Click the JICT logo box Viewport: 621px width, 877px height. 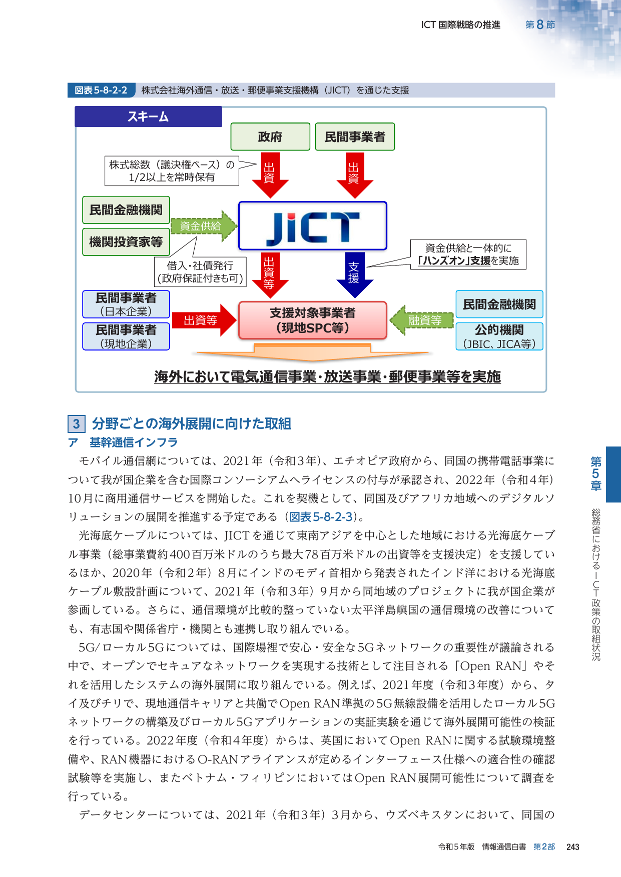(x=313, y=226)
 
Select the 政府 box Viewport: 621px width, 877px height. (x=270, y=136)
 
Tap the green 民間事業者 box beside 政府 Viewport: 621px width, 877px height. (x=355, y=136)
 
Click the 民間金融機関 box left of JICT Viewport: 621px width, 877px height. (x=126, y=210)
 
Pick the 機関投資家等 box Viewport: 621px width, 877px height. (x=126, y=242)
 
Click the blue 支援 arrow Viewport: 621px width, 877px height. (x=354, y=274)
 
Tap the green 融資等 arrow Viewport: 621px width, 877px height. (x=421, y=320)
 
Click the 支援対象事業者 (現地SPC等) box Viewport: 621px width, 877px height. (x=313, y=320)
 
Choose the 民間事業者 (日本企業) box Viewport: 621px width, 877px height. (x=126, y=304)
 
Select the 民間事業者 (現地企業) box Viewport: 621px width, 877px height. (x=126, y=336)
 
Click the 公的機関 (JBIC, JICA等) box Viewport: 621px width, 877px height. (x=499, y=336)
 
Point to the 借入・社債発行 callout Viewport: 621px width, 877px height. (x=200, y=272)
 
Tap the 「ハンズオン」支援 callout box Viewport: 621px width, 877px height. (x=468, y=254)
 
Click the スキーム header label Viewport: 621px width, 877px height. (x=148, y=116)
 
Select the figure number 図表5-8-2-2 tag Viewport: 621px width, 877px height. (x=101, y=90)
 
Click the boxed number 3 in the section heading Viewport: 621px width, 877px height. (x=76, y=424)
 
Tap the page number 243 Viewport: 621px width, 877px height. (x=573, y=847)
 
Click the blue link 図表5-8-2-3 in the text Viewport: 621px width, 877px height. (x=321, y=517)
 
